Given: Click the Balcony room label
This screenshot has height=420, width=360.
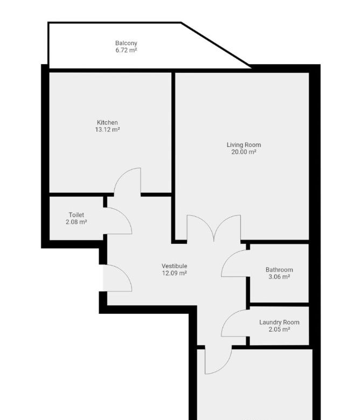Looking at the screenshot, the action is pyautogui.click(x=126, y=43).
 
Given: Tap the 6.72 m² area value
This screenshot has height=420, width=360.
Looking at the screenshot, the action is pyautogui.click(x=126, y=50).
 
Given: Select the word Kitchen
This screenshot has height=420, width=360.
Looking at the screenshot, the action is pyautogui.click(x=107, y=122).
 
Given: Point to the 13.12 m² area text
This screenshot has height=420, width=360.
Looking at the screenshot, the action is pyautogui.click(x=107, y=130).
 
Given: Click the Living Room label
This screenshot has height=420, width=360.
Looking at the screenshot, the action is pyautogui.click(x=244, y=145).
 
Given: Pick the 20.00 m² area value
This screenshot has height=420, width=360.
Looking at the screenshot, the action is pyautogui.click(x=244, y=152).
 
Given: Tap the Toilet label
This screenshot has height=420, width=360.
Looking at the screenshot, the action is pyautogui.click(x=77, y=215).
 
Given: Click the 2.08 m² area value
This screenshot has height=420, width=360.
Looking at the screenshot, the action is pyautogui.click(x=77, y=222).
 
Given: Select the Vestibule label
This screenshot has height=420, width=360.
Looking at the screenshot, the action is pyautogui.click(x=174, y=266).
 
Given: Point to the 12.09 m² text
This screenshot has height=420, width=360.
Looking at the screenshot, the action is pyautogui.click(x=174, y=273).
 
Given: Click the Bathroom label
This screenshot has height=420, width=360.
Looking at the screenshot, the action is pyautogui.click(x=279, y=270).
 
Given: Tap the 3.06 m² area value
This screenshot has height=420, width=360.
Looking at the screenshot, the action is pyautogui.click(x=279, y=277).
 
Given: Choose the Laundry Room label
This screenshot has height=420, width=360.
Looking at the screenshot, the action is pyautogui.click(x=279, y=322).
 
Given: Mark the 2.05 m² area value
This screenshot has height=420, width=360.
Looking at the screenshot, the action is pyautogui.click(x=279, y=330).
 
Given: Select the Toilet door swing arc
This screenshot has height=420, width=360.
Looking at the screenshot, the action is pyautogui.click(x=124, y=215).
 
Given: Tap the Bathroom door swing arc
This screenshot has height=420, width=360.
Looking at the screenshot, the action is pyautogui.click(x=229, y=258).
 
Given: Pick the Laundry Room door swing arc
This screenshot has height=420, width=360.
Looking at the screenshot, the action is pyautogui.click(x=229, y=317).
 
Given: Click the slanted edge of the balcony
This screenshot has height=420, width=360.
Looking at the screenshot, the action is pyautogui.click(x=216, y=45).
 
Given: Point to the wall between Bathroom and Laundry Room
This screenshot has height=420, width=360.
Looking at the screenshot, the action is pyautogui.click(x=279, y=305).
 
